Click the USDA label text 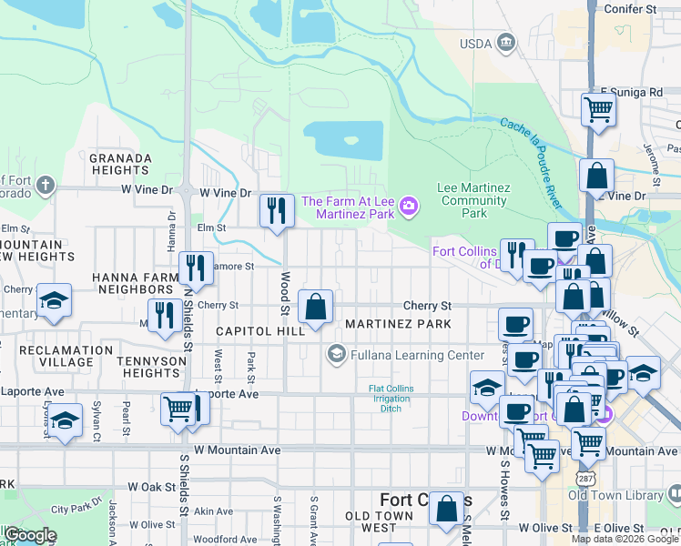pyautogui.click(x=475, y=43)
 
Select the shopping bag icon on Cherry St pyautogui.click(x=315, y=307)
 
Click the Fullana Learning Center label pyautogui.click(x=406, y=354)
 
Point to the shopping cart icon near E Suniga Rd pyautogui.click(x=598, y=109)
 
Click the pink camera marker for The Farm pyautogui.click(x=409, y=207)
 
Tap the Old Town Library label pyautogui.click(x=616, y=495)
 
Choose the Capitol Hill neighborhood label pyautogui.click(x=259, y=331)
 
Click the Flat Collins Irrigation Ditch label pyautogui.click(x=391, y=399)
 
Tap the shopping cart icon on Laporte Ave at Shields pyautogui.click(x=177, y=409)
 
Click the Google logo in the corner pyautogui.click(x=29, y=535)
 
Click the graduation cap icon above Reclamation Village pyautogui.click(x=54, y=300)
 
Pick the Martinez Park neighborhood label pyautogui.click(x=397, y=325)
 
